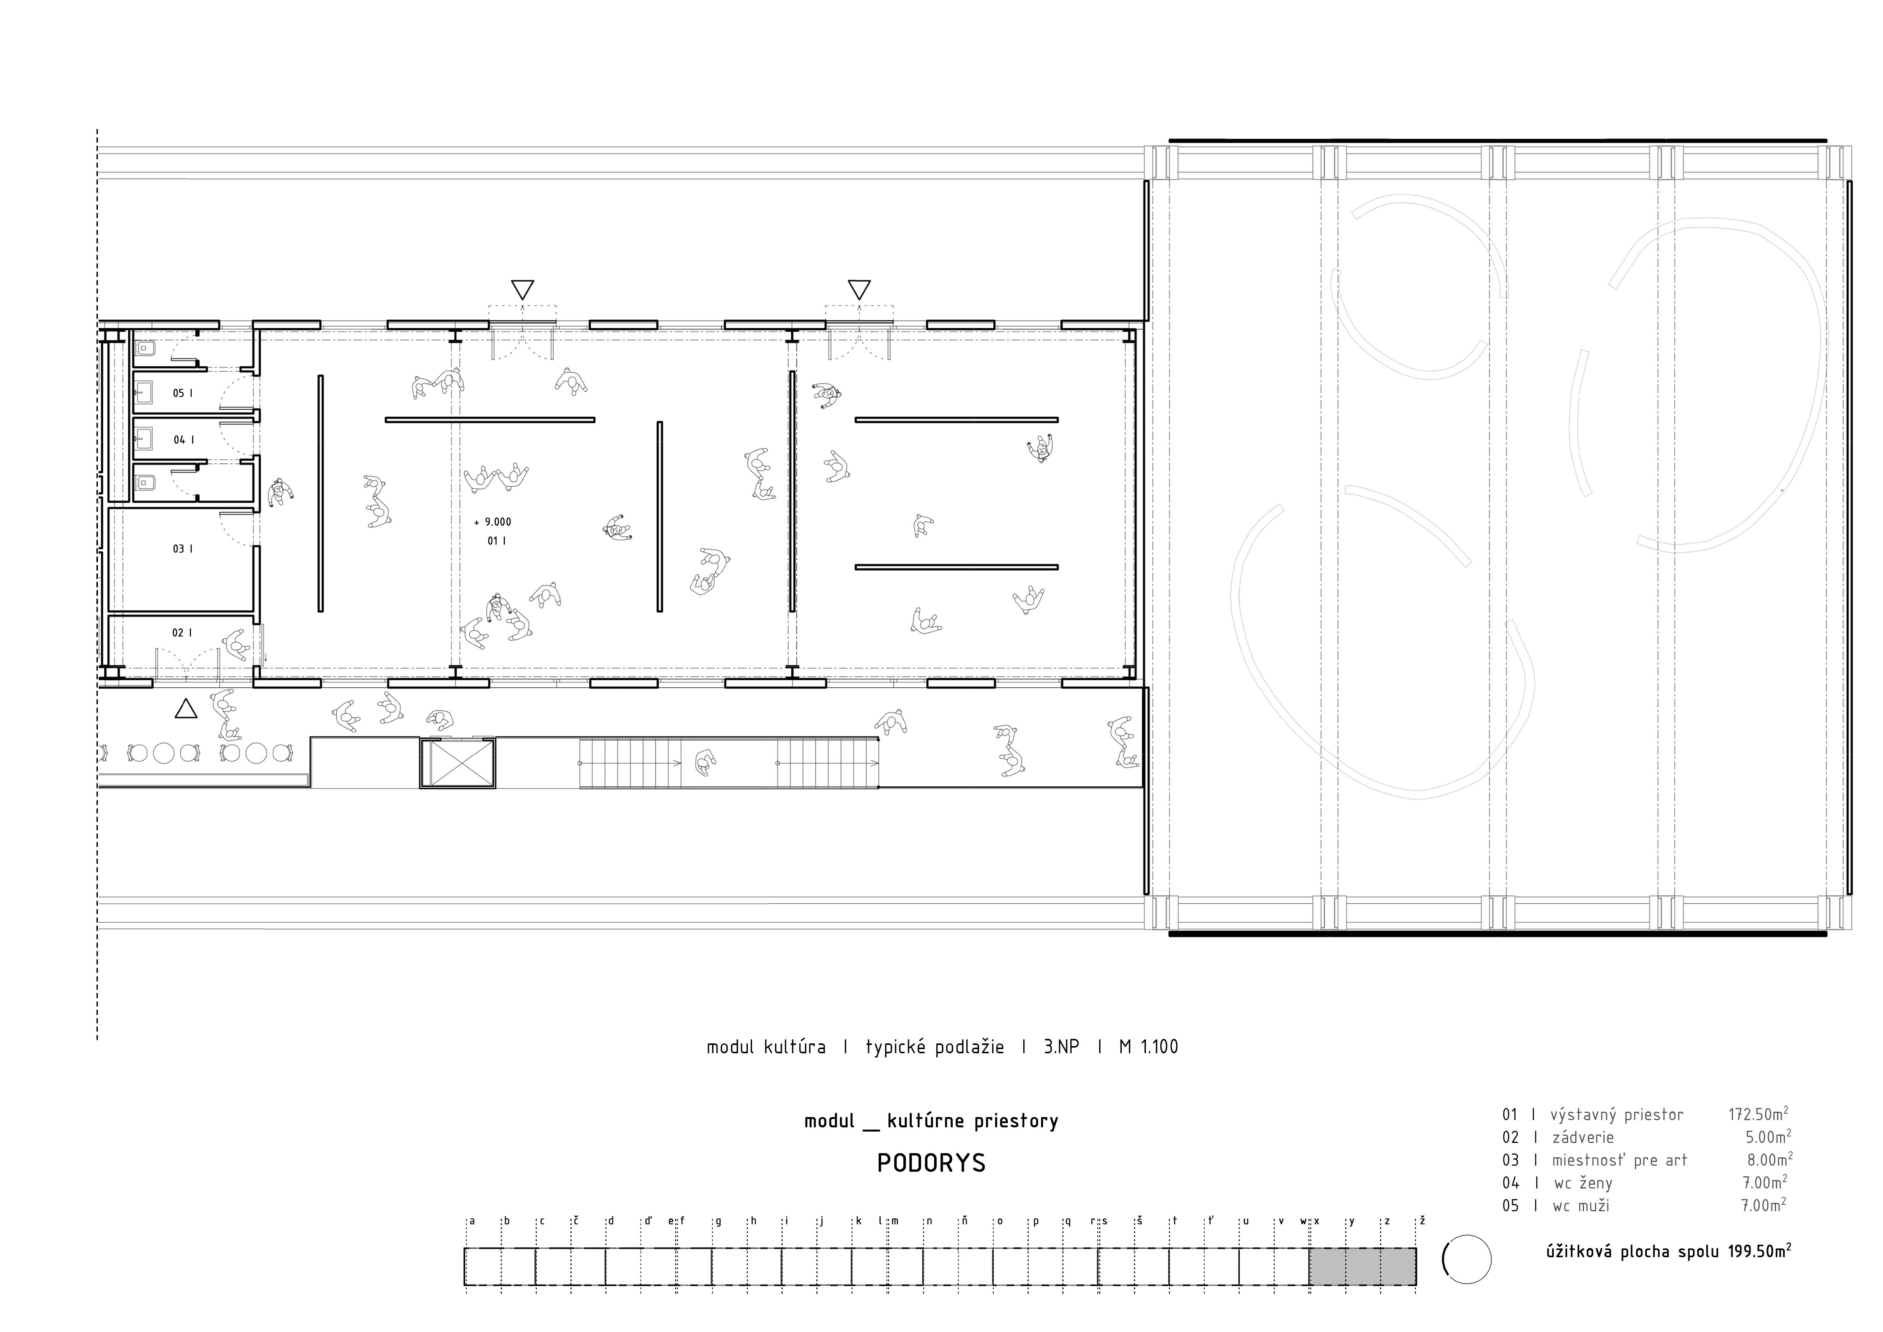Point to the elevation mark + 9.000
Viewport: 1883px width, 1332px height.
tap(493, 522)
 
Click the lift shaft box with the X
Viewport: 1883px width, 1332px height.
tap(458, 763)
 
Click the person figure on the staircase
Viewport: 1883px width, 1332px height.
tap(704, 763)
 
